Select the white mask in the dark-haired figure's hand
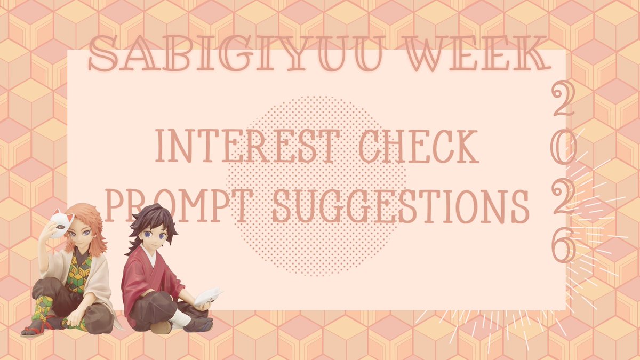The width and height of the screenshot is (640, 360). (x=209, y=295)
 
